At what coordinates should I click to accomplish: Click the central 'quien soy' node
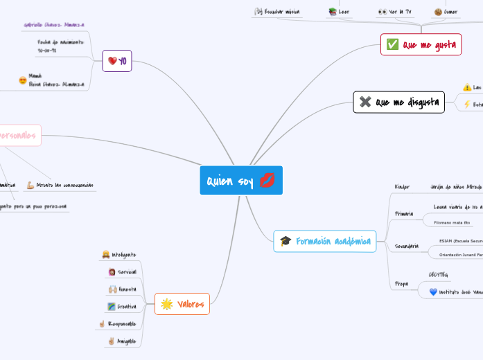tap(240, 181)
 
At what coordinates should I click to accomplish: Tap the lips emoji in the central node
tap(267, 181)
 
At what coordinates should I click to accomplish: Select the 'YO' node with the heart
tap(117, 61)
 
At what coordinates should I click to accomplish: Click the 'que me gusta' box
tap(421, 45)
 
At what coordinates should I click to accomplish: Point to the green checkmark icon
tap(392, 45)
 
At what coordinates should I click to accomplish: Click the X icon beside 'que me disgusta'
tap(365, 102)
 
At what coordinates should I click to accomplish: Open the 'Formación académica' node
tap(325, 241)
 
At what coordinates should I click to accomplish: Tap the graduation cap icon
tap(285, 241)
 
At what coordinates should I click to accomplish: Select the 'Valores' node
tap(182, 304)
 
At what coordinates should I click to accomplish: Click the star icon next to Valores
tap(166, 304)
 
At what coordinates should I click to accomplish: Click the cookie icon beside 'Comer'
tap(438, 12)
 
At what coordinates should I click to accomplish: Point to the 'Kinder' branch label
tap(402, 187)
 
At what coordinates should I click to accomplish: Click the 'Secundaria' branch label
tap(406, 246)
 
